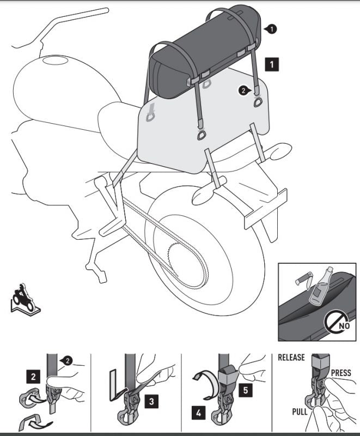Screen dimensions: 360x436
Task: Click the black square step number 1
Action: coord(271,64)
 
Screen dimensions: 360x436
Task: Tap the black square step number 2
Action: coord(33,377)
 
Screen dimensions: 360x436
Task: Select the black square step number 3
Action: coord(151,401)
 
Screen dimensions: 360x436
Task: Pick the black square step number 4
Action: coord(199,413)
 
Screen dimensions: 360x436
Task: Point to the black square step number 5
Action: coord(246,390)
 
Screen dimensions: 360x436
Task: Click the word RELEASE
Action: coord(291,358)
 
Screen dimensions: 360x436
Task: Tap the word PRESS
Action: coord(341,373)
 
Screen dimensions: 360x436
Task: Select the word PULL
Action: coord(300,411)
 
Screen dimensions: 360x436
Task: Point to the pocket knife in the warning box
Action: coord(304,279)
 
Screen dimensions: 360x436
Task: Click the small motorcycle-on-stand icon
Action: coord(25,298)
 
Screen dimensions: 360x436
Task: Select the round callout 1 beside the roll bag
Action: coord(271,29)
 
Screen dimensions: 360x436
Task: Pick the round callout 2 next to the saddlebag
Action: coord(245,90)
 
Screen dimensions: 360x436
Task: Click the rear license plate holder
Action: coord(265,208)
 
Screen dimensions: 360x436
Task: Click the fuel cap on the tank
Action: coord(55,60)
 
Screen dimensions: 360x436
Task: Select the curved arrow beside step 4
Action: coord(205,385)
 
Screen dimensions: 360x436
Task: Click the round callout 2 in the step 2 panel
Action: coord(66,361)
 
